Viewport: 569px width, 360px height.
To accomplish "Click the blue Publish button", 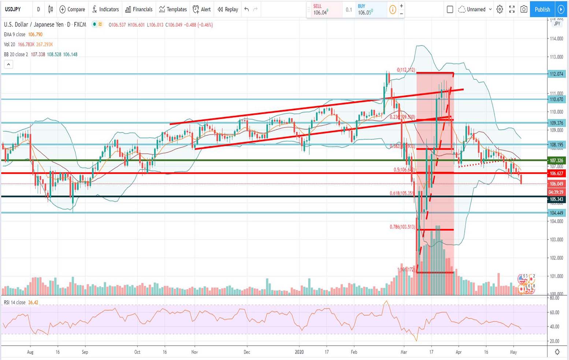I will click(542, 10).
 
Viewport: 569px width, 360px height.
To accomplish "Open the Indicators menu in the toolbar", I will click(105, 10).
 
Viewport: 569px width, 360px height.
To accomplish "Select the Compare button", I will click(72, 10).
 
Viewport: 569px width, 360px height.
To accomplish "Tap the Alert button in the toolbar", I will click(202, 10).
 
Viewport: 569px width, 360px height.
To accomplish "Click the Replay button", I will click(228, 10).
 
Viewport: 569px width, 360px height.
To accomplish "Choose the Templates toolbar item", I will click(173, 10).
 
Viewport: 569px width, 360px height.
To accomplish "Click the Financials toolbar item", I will click(139, 10).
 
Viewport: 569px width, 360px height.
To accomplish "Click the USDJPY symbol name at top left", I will click(13, 10).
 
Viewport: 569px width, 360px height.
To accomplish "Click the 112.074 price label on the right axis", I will click(556, 74).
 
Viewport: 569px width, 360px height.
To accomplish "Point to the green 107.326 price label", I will click(556, 160).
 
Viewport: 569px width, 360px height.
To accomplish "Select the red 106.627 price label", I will click(556, 173).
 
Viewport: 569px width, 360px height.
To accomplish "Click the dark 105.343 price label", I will click(556, 199).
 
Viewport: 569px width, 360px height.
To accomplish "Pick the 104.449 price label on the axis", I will click(556, 213).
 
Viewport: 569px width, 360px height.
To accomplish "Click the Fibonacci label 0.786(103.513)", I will click(402, 227).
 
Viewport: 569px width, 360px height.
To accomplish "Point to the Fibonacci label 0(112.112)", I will click(406, 70).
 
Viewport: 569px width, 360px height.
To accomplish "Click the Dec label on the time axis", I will click(247, 352).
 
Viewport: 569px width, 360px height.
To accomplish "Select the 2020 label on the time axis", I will click(300, 352).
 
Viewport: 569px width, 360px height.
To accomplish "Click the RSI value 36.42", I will click(33, 303).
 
